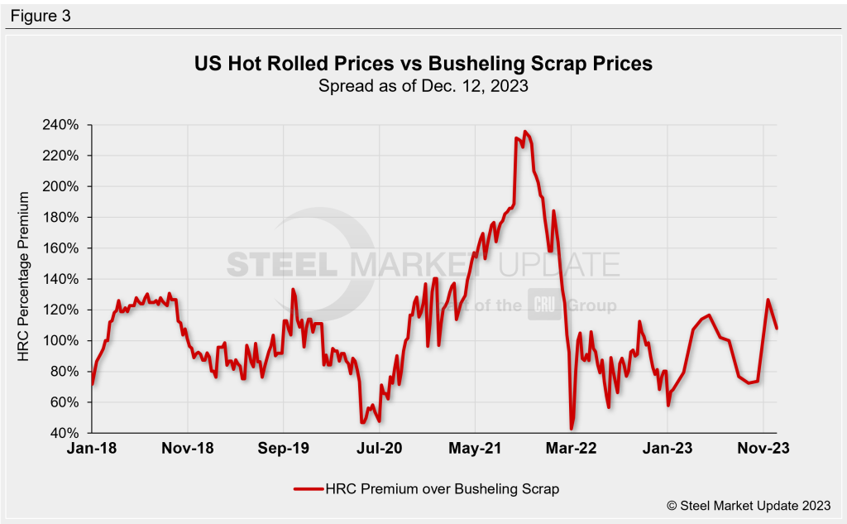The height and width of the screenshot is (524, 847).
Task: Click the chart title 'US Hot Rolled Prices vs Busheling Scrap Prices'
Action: tap(423, 63)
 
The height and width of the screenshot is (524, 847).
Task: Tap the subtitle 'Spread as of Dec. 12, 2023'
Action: tap(423, 85)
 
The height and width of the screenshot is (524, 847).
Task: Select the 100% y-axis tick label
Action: tap(62, 341)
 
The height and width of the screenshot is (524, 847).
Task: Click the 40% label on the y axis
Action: tap(65, 433)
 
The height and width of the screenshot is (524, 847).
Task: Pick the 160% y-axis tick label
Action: tap(62, 248)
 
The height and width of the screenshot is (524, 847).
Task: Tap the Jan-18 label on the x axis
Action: tap(92, 448)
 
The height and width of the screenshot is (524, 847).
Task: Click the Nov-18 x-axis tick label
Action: tap(188, 448)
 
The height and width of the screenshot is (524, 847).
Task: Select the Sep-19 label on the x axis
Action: tap(284, 448)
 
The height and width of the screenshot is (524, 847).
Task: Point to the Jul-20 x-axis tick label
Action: tap(380, 448)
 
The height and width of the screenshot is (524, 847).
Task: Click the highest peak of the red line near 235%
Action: tap(525, 131)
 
